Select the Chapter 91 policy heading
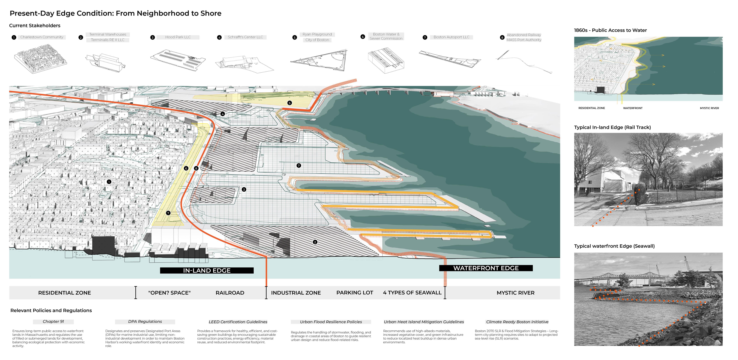pos(53,322)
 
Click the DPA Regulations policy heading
pos(145,322)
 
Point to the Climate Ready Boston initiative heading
pos(517,322)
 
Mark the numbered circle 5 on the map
pos(290,103)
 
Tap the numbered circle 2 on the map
pos(315,242)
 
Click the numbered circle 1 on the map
pos(109,182)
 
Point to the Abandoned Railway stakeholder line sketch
pos(524,62)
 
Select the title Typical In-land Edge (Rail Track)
pos(612,128)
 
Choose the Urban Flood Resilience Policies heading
pos(331,322)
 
